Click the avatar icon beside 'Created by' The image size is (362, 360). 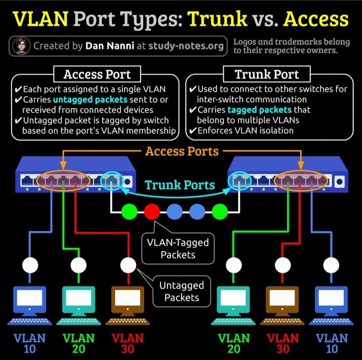22,46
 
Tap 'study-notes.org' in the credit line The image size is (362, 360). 186,46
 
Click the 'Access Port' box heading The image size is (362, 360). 97,74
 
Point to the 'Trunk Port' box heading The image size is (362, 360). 267,74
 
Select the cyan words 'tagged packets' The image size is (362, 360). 259,110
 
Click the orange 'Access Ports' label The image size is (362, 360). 182,151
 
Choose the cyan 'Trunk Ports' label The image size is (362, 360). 180,185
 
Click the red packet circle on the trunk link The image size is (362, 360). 152,212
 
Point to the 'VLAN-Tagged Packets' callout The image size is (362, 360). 178,248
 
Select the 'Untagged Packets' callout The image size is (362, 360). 182,291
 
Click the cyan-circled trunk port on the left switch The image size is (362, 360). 111,181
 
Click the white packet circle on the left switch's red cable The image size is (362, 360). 128,265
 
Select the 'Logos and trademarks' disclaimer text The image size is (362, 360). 291,46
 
